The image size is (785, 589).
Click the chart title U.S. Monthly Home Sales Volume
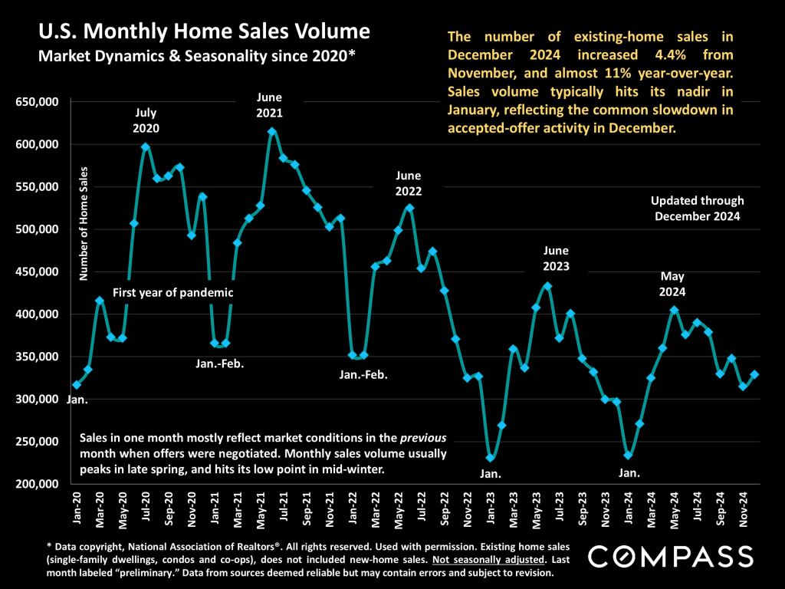204,32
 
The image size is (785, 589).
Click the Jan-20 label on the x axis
77,508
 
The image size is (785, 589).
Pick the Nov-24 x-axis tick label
744,508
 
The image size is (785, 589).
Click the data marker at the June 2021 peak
271,132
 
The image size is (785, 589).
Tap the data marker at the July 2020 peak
146,146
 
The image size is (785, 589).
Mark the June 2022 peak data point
409,208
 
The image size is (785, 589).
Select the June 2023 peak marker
547,286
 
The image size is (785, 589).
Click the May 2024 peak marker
674,311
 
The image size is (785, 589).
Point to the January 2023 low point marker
491,459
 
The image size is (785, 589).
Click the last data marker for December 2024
754,374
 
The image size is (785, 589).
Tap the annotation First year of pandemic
172,292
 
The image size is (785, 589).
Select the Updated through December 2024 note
697,209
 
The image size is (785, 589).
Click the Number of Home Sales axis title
85,223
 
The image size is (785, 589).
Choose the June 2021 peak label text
270,105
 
